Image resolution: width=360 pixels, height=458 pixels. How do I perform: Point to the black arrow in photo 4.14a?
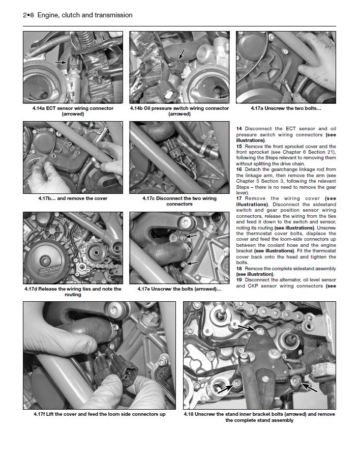tap(61, 62)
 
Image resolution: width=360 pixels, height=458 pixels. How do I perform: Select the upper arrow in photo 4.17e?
tap(192, 237)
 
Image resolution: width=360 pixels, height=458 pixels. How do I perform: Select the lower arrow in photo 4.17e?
tap(192, 263)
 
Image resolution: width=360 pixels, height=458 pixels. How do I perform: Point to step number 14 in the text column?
tap(239, 129)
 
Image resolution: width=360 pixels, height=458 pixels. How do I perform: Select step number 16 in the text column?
tap(239, 169)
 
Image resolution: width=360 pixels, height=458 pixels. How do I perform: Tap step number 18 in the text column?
tap(239, 268)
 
